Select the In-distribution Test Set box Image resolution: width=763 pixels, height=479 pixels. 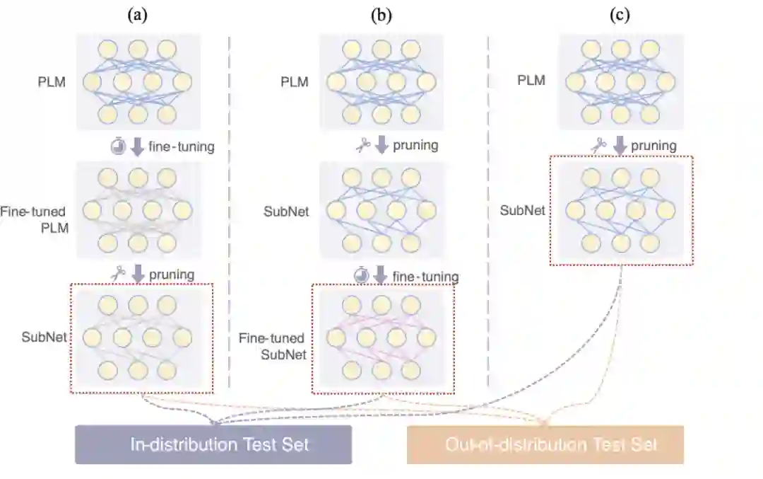[x=213, y=444]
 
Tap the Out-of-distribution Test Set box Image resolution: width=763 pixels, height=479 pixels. [x=545, y=444]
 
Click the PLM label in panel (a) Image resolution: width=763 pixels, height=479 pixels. [x=52, y=81]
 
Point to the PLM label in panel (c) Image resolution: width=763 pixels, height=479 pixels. [x=531, y=80]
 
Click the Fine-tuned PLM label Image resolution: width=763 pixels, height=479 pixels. [x=35, y=219]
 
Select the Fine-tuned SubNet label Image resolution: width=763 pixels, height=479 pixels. [x=282, y=347]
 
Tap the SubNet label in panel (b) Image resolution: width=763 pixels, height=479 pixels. [x=286, y=211]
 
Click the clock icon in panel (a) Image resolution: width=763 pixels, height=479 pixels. [x=118, y=147]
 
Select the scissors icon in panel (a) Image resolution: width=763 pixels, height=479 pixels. [x=118, y=272]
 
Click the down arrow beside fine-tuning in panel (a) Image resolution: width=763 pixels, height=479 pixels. [x=138, y=147]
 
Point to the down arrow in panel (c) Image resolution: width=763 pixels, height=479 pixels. [x=620, y=146]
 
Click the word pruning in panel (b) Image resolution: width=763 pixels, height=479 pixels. [x=415, y=146]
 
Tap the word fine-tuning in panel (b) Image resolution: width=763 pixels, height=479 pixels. [x=425, y=276]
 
